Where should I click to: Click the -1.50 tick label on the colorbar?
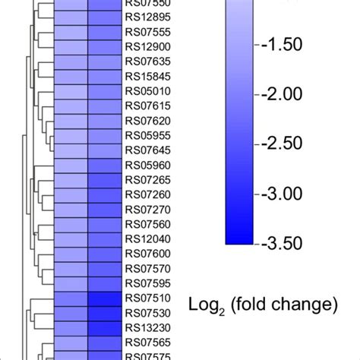click(x=282, y=43)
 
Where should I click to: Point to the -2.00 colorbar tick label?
click(x=282, y=93)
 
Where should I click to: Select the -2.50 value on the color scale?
click(x=282, y=144)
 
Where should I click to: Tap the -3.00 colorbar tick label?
click(x=282, y=194)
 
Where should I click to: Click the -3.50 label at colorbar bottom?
click(x=282, y=243)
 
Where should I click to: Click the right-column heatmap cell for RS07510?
click(x=105, y=298)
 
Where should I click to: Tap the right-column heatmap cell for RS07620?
click(x=105, y=121)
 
